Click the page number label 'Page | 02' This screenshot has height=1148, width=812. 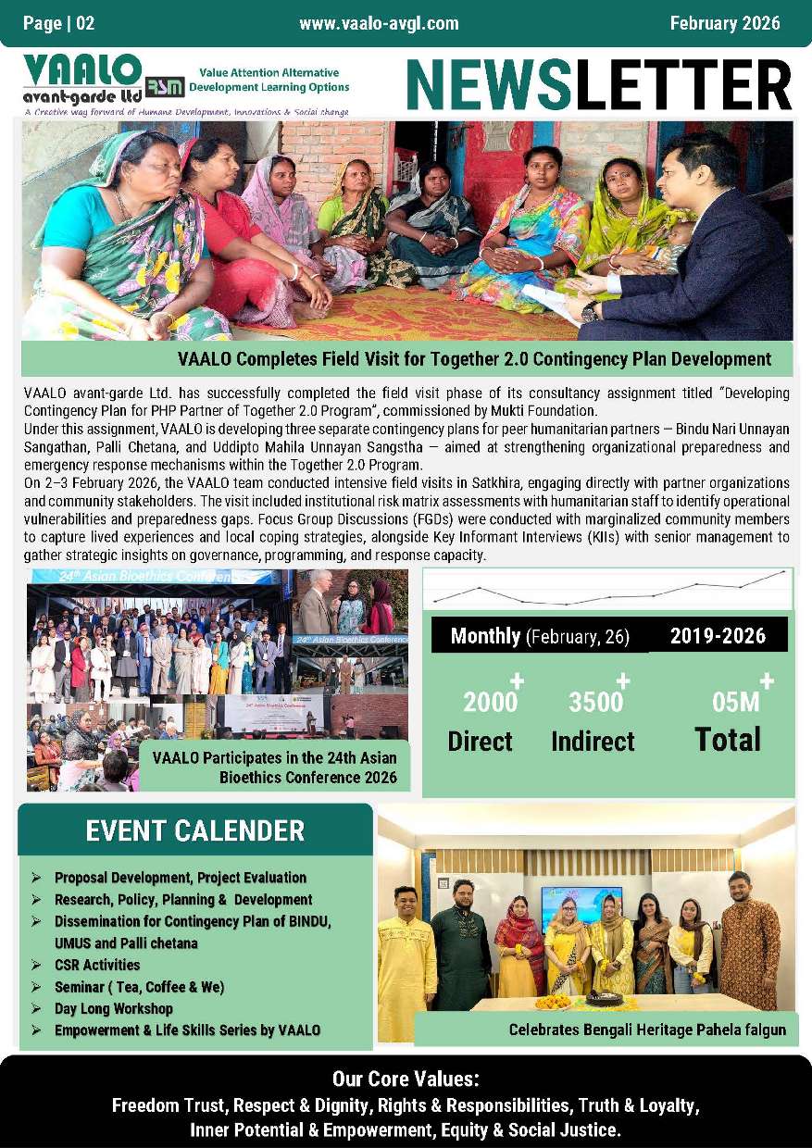59,23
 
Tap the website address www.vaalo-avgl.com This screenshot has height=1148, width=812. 379,23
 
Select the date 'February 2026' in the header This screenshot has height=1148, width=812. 725,23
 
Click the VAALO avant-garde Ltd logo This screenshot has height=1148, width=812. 83,81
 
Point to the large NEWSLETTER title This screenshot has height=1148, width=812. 598,84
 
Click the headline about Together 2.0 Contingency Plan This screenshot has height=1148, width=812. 474,359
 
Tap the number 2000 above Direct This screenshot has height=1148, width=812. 490,703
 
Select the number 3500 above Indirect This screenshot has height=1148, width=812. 595,703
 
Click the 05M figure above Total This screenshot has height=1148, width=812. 735,703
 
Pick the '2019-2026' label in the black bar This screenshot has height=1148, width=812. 718,635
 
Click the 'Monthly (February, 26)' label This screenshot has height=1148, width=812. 540,636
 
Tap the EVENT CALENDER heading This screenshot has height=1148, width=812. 194,830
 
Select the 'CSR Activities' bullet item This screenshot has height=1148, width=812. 96,965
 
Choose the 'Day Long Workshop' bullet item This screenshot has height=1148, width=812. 114,1008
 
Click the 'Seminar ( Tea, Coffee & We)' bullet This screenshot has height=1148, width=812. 139,987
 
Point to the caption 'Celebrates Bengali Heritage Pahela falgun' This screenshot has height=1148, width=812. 646,1029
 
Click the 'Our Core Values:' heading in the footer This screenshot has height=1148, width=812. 406,1079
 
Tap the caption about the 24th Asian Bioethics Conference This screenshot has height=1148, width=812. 274,767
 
